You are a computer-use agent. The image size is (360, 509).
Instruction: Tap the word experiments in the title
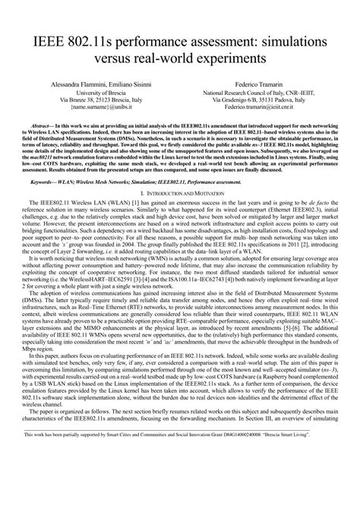pyautogui.click(x=225, y=56)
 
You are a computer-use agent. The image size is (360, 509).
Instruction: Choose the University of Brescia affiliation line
pyautogui.click(x=96, y=93)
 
